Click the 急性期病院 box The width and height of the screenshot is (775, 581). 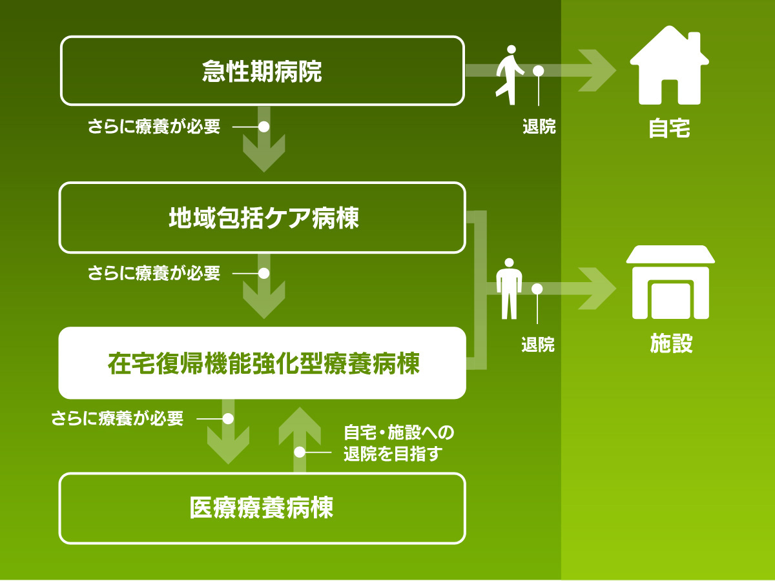(x=262, y=71)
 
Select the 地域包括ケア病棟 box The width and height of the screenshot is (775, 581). (x=262, y=218)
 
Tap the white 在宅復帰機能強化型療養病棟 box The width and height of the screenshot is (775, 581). (x=262, y=363)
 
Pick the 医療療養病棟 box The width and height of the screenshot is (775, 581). (x=262, y=509)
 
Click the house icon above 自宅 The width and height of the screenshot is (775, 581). (x=669, y=66)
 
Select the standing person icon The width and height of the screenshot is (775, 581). (x=509, y=288)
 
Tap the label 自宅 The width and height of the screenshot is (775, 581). (x=669, y=128)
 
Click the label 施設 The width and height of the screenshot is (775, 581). (x=670, y=344)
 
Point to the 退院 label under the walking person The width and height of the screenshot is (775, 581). (x=539, y=127)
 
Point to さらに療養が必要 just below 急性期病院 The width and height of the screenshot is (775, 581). (x=154, y=127)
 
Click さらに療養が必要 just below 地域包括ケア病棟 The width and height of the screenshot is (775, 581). (x=154, y=274)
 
